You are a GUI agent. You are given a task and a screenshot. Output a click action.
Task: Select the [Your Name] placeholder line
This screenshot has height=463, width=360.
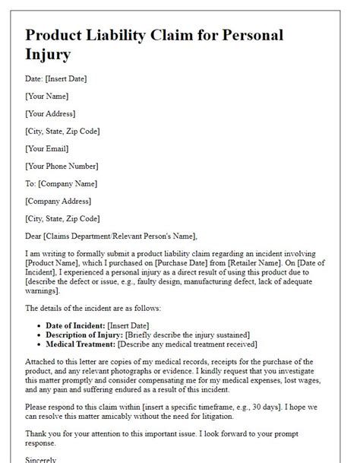click(x=46, y=96)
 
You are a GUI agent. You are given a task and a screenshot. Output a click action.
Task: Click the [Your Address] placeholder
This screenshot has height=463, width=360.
click(x=51, y=113)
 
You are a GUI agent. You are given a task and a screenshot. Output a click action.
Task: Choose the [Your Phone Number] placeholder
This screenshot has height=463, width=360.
click(x=62, y=166)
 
